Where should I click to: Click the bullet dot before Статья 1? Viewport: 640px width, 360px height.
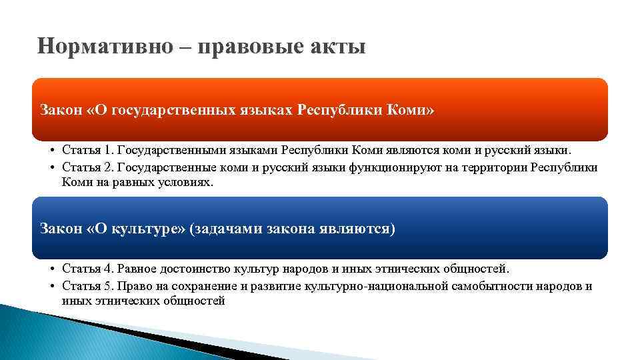[52, 151]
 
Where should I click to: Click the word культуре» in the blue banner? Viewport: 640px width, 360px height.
[151, 229]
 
